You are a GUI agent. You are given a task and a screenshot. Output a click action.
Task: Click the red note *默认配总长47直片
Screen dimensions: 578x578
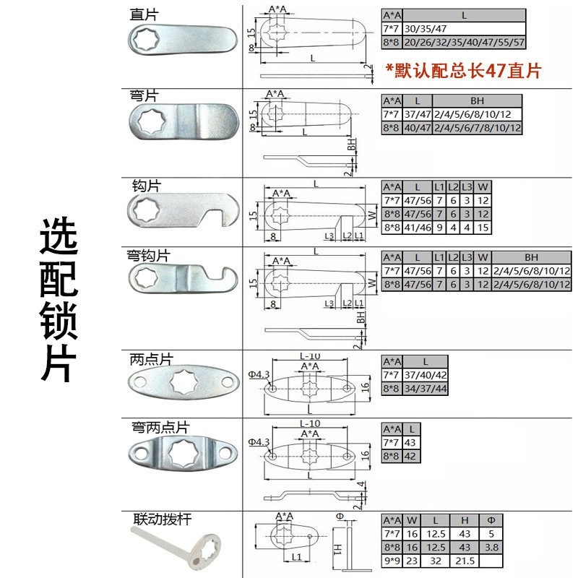pos(463,71)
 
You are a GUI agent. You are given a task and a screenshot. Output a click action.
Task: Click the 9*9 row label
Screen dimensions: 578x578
pos(392,561)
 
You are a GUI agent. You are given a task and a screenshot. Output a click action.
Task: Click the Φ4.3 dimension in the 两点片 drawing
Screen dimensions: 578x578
pos(258,374)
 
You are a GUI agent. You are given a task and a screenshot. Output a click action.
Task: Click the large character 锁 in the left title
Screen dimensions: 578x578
pos(58,322)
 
